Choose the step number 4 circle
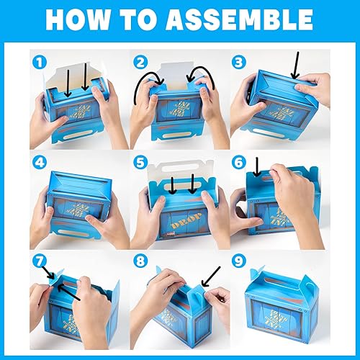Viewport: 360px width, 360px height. (36, 163)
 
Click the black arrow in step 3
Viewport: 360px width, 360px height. (294, 68)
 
